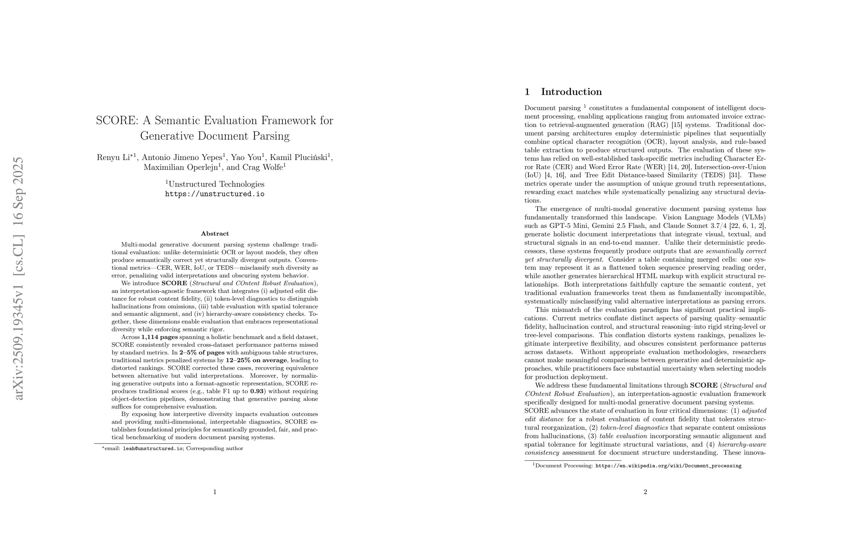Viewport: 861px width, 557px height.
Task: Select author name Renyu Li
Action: coord(113,158)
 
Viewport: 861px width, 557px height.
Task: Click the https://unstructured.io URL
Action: coord(215,194)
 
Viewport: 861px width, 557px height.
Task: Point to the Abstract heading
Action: coord(215,233)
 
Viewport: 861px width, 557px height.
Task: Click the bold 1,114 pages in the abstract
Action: coord(159,337)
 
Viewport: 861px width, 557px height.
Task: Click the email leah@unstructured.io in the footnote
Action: coord(153,448)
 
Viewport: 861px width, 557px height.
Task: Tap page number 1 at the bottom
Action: coord(215,492)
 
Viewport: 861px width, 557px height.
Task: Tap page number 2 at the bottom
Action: coord(645,492)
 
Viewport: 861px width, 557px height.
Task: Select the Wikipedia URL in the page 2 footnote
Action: coord(668,466)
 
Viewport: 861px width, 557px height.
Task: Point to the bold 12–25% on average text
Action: coord(256,360)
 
